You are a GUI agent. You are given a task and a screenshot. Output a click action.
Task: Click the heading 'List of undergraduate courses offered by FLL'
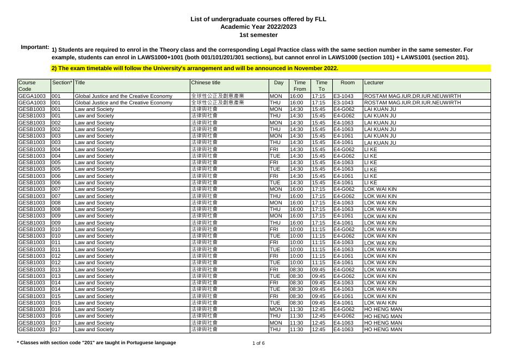click(x=258, y=18)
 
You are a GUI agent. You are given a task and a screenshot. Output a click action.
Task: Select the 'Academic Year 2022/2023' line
click(x=258, y=27)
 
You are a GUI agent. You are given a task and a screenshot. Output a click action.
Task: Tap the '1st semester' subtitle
click(x=258, y=35)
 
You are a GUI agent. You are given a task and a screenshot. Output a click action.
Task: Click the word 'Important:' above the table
click(x=35, y=47)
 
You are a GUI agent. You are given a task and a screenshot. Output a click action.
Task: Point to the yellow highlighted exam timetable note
click(x=195, y=69)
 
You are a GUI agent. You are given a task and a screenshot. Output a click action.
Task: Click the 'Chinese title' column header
click(x=206, y=83)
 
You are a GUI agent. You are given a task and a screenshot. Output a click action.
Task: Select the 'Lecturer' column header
click(x=374, y=83)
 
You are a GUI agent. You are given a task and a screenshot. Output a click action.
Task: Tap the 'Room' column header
click(x=347, y=83)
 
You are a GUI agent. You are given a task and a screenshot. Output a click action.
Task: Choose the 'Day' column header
click(x=278, y=83)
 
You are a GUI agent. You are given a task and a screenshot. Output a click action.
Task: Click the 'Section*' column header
click(x=62, y=83)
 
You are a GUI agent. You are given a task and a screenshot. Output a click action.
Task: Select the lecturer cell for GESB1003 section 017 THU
click(x=383, y=330)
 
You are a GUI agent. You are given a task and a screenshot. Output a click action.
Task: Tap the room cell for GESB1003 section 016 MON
click(x=344, y=309)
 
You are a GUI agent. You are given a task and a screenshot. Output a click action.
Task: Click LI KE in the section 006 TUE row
click(x=370, y=183)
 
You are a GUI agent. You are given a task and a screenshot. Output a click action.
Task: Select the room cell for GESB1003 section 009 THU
click(x=343, y=223)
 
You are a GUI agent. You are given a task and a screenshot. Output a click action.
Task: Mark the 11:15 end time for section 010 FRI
click(x=318, y=229)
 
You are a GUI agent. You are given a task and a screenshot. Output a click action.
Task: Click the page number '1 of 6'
click(x=258, y=343)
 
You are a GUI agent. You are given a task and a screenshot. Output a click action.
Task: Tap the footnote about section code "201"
click(x=97, y=343)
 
